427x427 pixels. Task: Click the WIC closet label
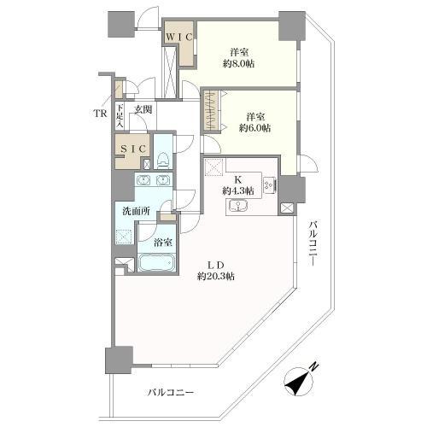pyautogui.click(x=179, y=37)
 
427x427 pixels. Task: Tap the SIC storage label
pyautogui.click(x=133, y=149)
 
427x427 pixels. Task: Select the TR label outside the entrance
pyautogui.click(x=101, y=114)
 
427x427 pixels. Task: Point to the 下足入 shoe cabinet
pyautogui.click(x=120, y=116)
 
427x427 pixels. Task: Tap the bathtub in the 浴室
pyautogui.click(x=156, y=262)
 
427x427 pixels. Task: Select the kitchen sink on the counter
pyautogui.click(x=237, y=206)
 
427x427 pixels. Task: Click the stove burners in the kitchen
pyautogui.click(x=269, y=184)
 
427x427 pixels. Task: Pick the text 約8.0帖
pyautogui.click(x=238, y=64)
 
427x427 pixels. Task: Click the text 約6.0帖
pyautogui.click(x=254, y=128)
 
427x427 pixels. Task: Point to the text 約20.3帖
pyautogui.click(x=216, y=276)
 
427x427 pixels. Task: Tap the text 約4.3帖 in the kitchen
pyautogui.click(x=238, y=190)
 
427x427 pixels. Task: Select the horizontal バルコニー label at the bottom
pyautogui.click(x=171, y=393)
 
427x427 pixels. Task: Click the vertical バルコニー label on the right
pyautogui.click(x=313, y=243)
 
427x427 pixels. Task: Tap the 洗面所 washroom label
pyautogui.click(x=136, y=211)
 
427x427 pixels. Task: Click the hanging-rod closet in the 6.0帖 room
pyautogui.click(x=212, y=111)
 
